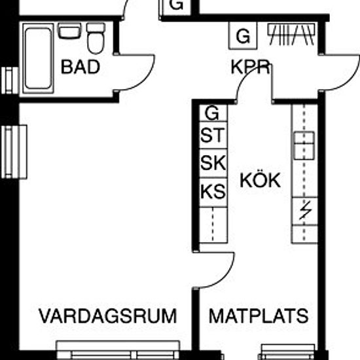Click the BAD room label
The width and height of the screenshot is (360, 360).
[x=81, y=67]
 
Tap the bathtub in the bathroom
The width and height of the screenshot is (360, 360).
[x=38, y=58]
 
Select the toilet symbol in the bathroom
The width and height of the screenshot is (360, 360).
[x=96, y=38]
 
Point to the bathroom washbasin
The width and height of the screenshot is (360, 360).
[x=69, y=31]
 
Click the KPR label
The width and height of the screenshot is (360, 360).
[x=250, y=67]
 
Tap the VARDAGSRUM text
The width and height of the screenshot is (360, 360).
[x=108, y=316]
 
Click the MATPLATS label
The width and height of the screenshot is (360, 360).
[x=259, y=316]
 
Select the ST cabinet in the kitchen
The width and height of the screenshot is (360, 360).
[x=213, y=135]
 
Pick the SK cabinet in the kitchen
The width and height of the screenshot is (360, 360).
[x=213, y=163]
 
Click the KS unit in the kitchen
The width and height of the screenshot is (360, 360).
[x=213, y=192]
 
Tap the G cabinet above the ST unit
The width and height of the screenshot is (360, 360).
[x=213, y=113]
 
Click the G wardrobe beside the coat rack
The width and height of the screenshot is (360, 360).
[x=243, y=35]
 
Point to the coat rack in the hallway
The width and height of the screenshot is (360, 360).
[x=291, y=35]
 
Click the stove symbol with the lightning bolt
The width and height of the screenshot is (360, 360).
[x=304, y=211]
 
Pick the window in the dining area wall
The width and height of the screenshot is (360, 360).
[x=288, y=351]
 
